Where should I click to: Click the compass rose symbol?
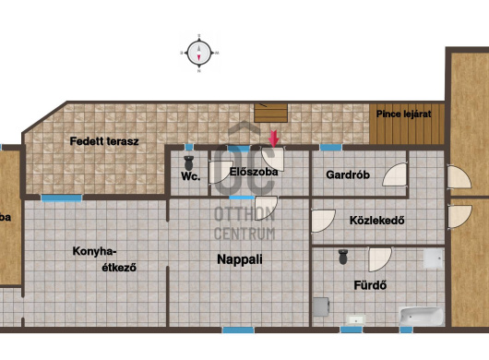pyautogui.click(x=199, y=53)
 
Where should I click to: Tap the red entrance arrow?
pyautogui.click(x=274, y=138)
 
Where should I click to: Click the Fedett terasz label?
pyautogui.click(x=104, y=141)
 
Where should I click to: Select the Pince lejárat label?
pyautogui.click(x=403, y=114)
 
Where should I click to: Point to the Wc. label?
pyautogui.click(x=190, y=176)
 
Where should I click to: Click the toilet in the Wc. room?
pyautogui.click(x=188, y=163)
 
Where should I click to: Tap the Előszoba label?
pyautogui.click(x=254, y=172)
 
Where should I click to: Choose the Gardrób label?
pyautogui.click(x=348, y=174)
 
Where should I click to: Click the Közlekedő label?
pyautogui.click(x=377, y=221)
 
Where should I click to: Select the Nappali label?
pyautogui.click(x=240, y=259)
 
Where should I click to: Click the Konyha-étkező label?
pyautogui.click(x=104, y=259)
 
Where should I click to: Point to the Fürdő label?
pyautogui.click(x=370, y=285)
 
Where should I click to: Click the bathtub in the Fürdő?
pyautogui.click(x=422, y=317)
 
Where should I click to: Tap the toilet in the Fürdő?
pyautogui.click(x=343, y=257)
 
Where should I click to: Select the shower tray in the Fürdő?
pyautogui.click(x=434, y=258)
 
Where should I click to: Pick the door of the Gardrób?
pyautogui.click(x=396, y=174)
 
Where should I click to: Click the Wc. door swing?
pyautogui.click(x=221, y=172)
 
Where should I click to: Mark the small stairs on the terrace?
pyautogui.click(x=270, y=113)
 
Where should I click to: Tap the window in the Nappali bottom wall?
pyautogui.click(x=238, y=330)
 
